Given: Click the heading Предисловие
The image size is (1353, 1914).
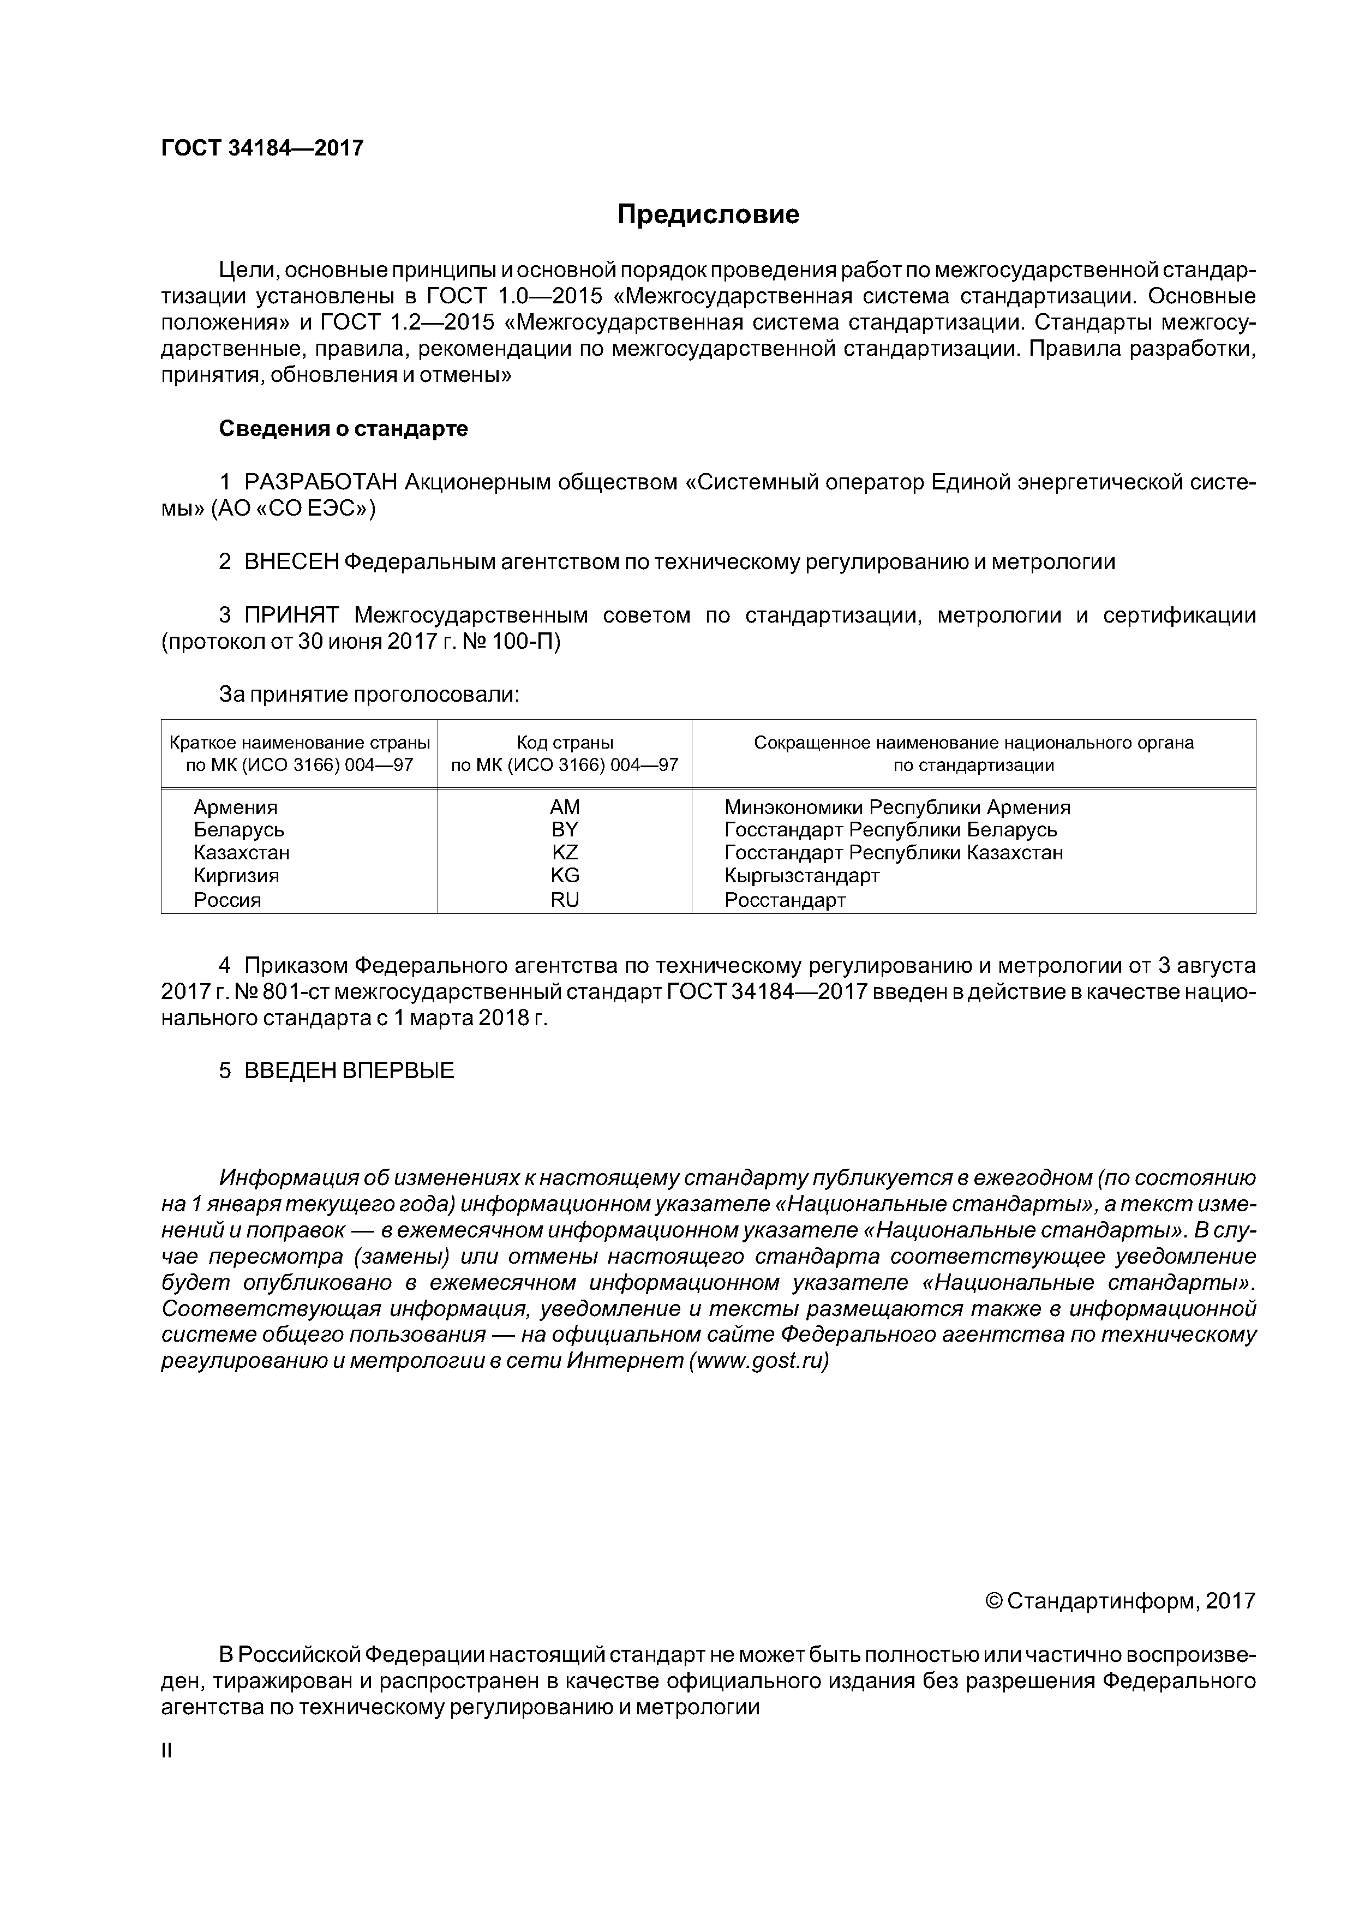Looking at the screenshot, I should coord(708,215).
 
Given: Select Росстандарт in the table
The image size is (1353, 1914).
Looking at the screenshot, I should coord(785,900).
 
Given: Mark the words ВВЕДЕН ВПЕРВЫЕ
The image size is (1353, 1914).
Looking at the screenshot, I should coord(349,1070).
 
